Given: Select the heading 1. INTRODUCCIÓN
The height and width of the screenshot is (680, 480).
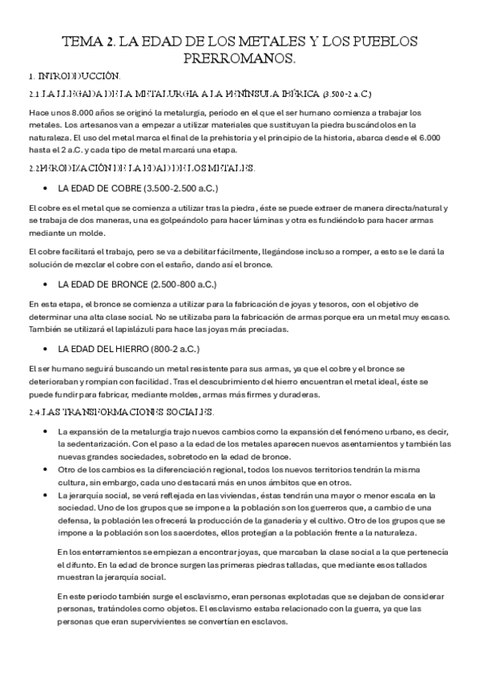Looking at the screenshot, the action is [74, 76].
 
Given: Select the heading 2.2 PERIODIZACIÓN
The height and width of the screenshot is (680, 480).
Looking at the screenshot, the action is [141, 168].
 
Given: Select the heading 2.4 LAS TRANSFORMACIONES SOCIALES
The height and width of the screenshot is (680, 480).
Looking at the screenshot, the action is [121, 412].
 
